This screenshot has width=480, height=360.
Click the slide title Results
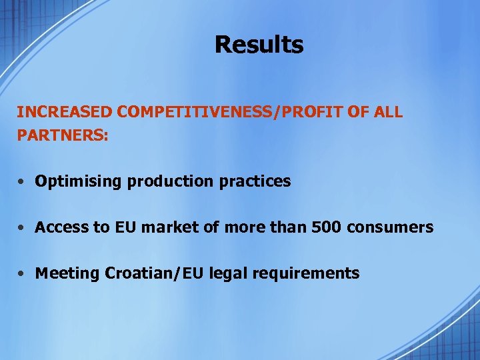tap(259, 45)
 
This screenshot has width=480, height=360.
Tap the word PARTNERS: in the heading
tap(63, 135)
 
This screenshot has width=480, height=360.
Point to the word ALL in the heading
tap(388, 112)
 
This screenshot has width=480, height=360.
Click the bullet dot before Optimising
tap(23, 181)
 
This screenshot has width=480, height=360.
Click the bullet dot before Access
tap(23, 227)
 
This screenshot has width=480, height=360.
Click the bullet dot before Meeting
tap(23, 273)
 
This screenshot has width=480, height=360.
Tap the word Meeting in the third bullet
tap(67, 273)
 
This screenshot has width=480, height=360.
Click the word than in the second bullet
tap(291, 227)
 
